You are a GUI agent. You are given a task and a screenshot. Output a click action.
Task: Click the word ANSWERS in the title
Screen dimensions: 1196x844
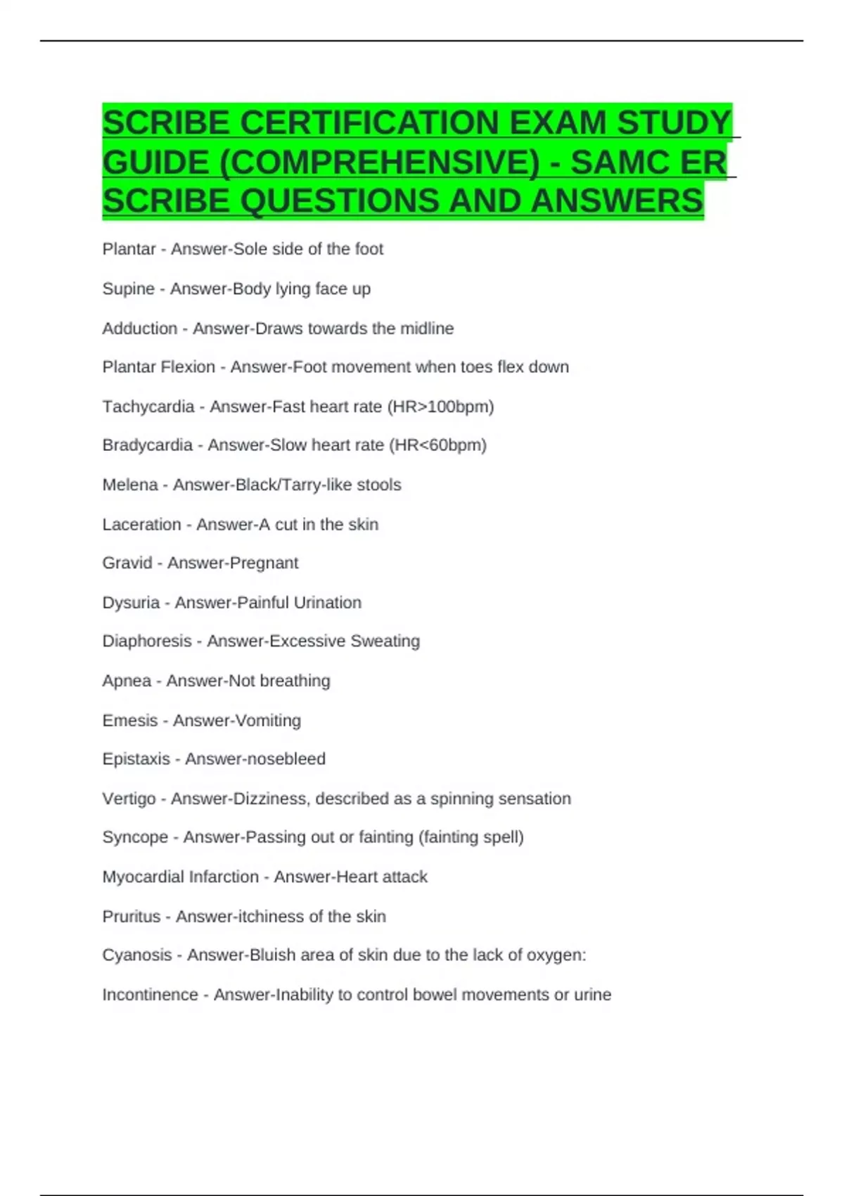(x=617, y=201)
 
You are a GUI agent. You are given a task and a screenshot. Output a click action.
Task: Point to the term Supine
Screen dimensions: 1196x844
(x=128, y=289)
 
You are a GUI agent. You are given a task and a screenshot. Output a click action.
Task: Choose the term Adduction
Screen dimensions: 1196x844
(x=139, y=329)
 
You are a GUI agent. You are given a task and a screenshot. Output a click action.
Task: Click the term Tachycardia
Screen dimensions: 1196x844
(x=148, y=407)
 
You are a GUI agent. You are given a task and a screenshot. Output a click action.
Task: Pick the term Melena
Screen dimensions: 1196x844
(x=129, y=485)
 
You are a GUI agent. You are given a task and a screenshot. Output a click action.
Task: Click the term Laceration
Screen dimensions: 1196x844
(x=141, y=525)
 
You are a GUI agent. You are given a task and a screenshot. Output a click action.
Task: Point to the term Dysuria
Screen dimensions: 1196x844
(x=131, y=603)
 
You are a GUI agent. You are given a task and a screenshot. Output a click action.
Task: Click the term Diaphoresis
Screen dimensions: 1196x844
(x=146, y=642)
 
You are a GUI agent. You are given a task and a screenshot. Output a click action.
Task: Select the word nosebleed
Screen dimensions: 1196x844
(x=287, y=759)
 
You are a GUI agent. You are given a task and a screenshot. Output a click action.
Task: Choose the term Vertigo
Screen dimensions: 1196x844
(x=129, y=799)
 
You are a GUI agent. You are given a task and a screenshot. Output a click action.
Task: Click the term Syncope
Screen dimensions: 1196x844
(x=135, y=837)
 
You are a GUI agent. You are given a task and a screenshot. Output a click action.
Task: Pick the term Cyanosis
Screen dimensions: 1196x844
(x=136, y=955)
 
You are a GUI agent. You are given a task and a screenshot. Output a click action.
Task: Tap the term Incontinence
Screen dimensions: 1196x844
(x=150, y=995)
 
